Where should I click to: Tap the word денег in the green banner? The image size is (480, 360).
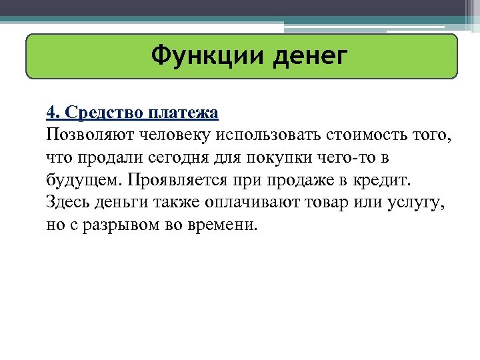click(x=309, y=56)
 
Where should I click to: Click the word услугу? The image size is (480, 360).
click(x=419, y=202)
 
